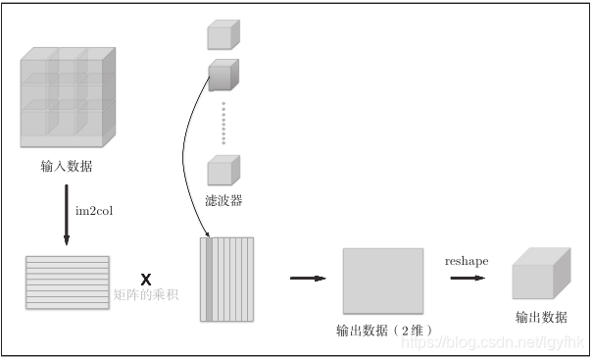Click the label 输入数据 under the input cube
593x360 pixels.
pyautogui.click(x=67, y=166)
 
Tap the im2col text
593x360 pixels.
pyautogui.click(x=95, y=210)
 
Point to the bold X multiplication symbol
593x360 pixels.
pyautogui.click(x=146, y=279)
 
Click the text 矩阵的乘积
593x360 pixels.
pyautogui.click(x=146, y=294)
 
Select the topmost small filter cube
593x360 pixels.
pyautogui.click(x=223, y=33)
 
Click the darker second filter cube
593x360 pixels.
pyautogui.click(x=223, y=75)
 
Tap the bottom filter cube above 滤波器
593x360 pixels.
pyautogui.click(x=223, y=169)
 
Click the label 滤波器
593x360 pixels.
pyautogui.click(x=223, y=200)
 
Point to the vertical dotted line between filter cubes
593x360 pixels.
pyautogui.click(x=223, y=122)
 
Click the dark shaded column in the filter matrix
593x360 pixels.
pyautogui.click(x=209, y=279)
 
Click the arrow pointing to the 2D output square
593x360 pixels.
pyautogui.click(x=307, y=279)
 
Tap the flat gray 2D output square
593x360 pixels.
pyautogui.click(x=382, y=280)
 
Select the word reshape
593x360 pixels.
pyautogui.click(x=467, y=261)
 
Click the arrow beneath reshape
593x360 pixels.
pyautogui.click(x=468, y=279)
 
